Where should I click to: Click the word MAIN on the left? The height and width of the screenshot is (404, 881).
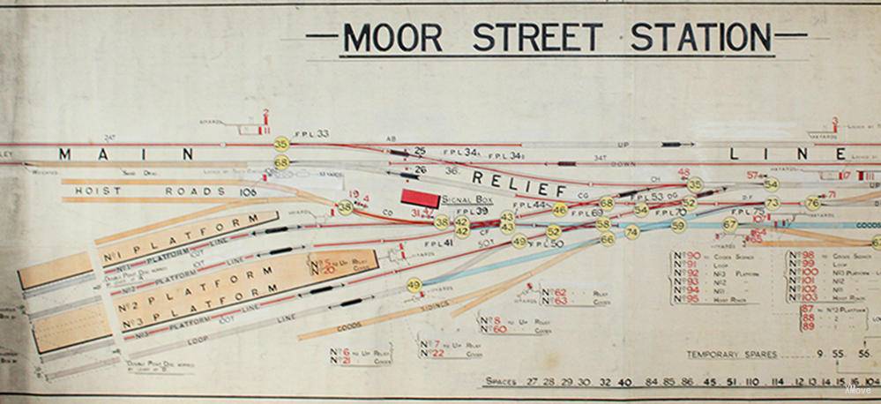[x=123, y=154]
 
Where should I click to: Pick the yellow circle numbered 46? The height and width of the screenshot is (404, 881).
[x=559, y=210]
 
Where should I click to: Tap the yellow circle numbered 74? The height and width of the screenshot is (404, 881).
[x=631, y=232]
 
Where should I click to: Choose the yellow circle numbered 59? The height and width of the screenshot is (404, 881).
[x=678, y=226]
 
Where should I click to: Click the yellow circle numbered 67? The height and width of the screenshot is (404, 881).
[x=730, y=224]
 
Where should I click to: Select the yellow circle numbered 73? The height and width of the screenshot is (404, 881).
[x=773, y=204]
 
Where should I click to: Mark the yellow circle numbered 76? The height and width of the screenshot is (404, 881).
[x=813, y=204]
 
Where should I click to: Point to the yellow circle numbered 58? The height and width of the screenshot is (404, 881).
[x=603, y=225]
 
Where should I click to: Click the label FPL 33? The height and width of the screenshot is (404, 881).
[x=311, y=134]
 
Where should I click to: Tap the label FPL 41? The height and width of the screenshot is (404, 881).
[x=437, y=243]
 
